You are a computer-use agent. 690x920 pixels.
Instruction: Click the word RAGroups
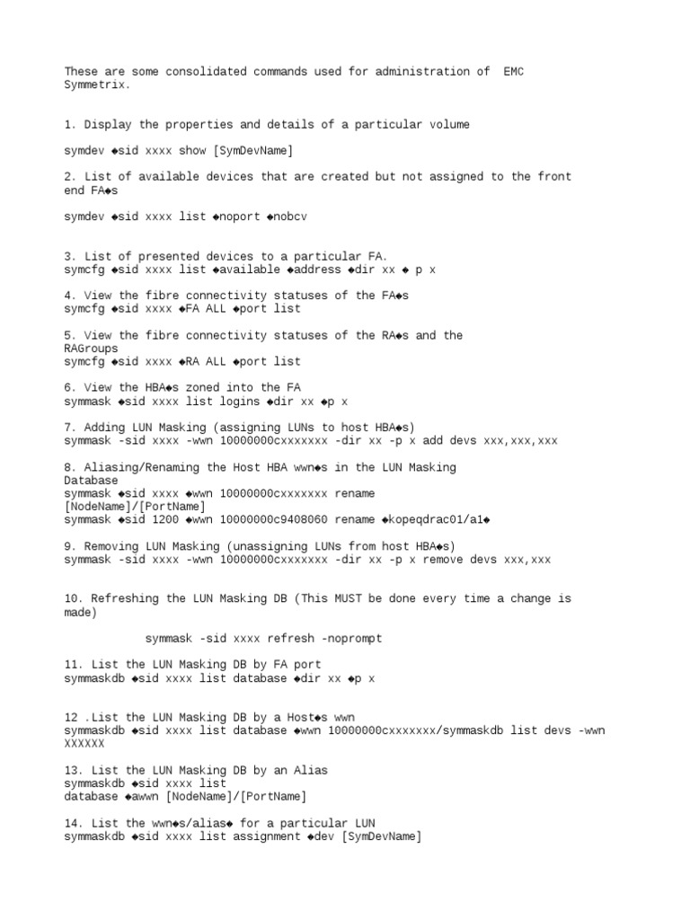pyautogui.click(x=91, y=349)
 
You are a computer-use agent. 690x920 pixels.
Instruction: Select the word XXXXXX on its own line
pyautogui.click(x=84, y=744)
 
